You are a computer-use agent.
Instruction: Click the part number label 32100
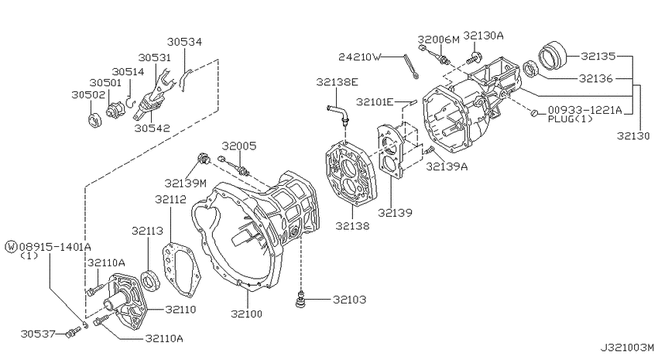pyautogui.click(x=245, y=314)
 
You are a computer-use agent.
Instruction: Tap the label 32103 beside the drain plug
pyautogui.click(x=350, y=299)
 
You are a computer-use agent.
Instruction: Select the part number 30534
pyautogui.click(x=187, y=42)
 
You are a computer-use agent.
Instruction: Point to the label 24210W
pyautogui.click(x=360, y=57)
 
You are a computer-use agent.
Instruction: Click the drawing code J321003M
pyautogui.click(x=625, y=349)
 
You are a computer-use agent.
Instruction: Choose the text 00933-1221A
pyautogui.click(x=584, y=110)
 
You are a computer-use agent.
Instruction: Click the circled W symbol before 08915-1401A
pyautogui.click(x=10, y=245)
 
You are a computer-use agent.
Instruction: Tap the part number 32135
pyautogui.click(x=598, y=56)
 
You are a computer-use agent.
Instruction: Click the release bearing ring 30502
pyautogui.click(x=93, y=120)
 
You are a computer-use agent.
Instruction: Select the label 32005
pyautogui.click(x=239, y=145)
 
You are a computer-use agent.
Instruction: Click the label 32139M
pyautogui.click(x=185, y=183)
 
